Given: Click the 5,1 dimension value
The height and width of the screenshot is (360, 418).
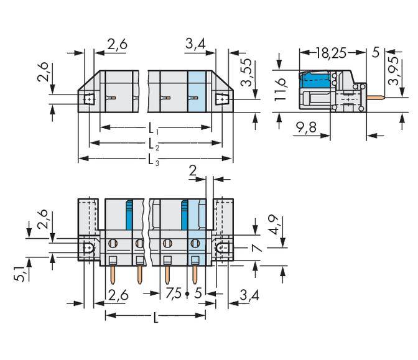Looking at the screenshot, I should click(20, 272).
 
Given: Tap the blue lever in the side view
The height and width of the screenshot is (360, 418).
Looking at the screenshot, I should click(314, 80).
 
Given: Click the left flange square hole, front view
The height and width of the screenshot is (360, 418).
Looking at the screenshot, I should click(88, 98).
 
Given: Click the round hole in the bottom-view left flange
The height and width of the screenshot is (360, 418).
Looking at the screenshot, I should click(88, 249).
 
